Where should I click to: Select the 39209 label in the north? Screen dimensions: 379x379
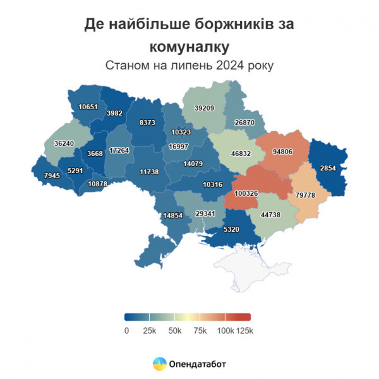[x=203, y=108]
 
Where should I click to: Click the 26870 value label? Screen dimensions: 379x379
[x=244, y=123]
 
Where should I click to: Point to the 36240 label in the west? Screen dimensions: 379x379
[x=64, y=143]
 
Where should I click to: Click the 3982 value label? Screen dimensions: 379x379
[x=114, y=113]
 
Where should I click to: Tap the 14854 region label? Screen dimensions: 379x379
[x=172, y=215]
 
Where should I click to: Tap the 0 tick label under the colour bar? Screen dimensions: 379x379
[x=127, y=330]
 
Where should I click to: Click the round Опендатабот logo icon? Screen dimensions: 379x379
[x=159, y=363]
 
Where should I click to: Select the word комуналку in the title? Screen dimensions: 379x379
[x=189, y=46]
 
